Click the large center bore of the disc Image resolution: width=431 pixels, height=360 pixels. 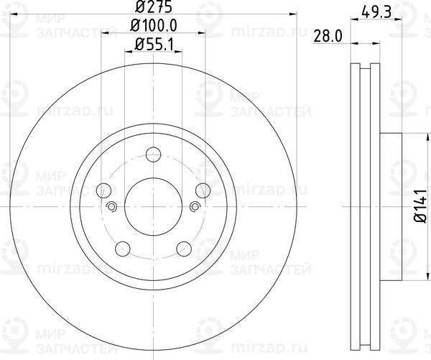pos(153,208)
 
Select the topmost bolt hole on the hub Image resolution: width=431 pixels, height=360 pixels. pos(153,155)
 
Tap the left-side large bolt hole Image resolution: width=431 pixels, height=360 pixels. pos(103,191)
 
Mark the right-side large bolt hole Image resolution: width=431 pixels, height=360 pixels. pos(203,191)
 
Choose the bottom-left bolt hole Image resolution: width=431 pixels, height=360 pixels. pos(123,250)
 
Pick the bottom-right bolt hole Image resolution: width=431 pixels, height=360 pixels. pos(184,250)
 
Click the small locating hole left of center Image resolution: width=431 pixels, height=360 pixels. pos(111,208)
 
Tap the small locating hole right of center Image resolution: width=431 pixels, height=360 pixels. pos(195,208)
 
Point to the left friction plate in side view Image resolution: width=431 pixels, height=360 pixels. pos(353,208)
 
